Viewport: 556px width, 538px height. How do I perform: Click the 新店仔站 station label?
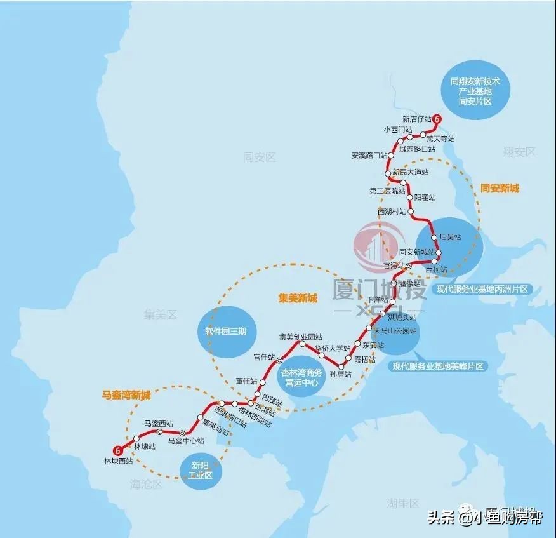click(416, 119)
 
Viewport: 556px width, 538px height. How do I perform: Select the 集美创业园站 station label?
click(301, 337)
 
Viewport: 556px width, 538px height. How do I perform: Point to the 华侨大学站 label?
click(333, 347)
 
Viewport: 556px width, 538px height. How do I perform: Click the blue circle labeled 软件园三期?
click(222, 332)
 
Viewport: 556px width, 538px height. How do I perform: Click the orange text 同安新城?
click(500, 188)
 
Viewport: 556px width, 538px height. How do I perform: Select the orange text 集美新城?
click(297, 297)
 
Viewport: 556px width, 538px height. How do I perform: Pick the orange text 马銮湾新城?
click(127, 394)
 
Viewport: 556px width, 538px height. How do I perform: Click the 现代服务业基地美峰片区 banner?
click(438, 367)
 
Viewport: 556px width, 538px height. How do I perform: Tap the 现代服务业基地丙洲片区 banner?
click(482, 289)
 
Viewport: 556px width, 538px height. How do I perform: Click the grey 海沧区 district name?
click(147, 484)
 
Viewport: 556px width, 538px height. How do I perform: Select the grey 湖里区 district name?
click(403, 504)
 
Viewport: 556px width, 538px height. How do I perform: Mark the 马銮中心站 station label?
click(186, 440)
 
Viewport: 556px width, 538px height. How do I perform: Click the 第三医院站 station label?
click(387, 191)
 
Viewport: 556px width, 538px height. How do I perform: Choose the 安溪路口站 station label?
click(369, 155)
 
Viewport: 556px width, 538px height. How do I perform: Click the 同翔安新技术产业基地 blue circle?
click(475, 91)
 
